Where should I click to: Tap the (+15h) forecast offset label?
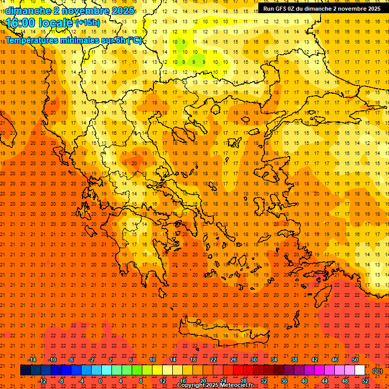[x=88, y=23]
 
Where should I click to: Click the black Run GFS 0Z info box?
[x=321, y=9]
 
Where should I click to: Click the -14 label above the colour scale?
[x=32, y=360]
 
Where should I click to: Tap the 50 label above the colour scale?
[x=355, y=360]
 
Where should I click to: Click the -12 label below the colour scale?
[x=43, y=380]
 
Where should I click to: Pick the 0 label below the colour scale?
[x=100, y=380]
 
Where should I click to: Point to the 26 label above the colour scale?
[x=234, y=360]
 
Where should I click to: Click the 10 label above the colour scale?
[x=152, y=360]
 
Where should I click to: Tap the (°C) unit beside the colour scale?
[x=377, y=371]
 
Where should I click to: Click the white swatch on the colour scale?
[x=360, y=370]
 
